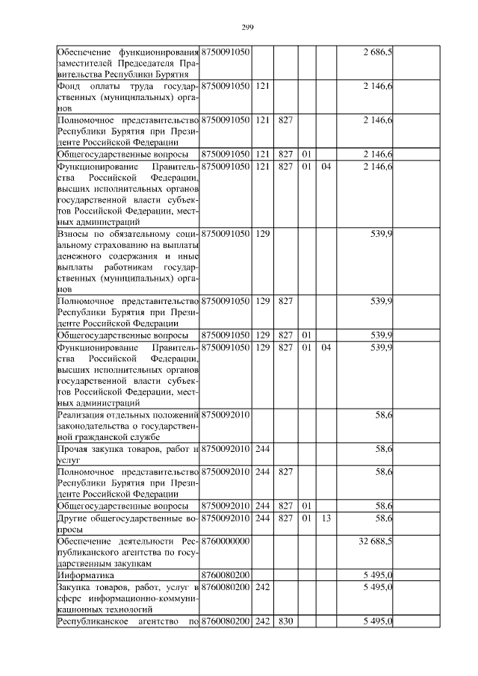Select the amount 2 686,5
[378, 52]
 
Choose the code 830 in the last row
[285, 622]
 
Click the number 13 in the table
[326, 518]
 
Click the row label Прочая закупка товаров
[128, 454]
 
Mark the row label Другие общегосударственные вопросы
[128, 523]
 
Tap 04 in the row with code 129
[326, 348]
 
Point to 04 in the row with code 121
[326, 166]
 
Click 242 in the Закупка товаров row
[262, 588]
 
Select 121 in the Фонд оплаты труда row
[262, 87]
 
